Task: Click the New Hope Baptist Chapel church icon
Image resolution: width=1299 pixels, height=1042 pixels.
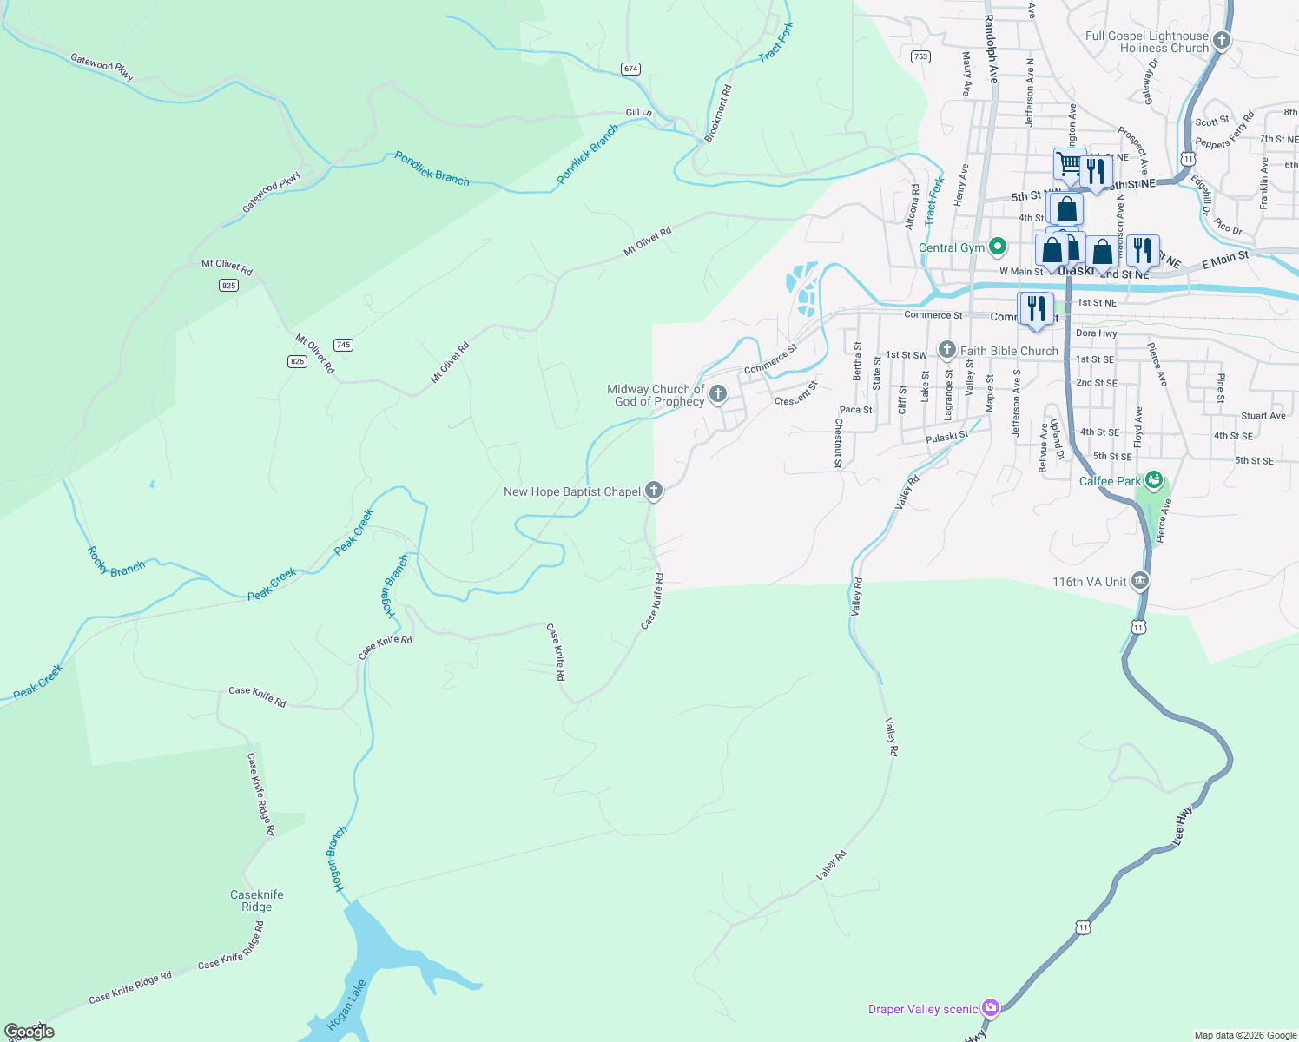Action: [x=654, y=491]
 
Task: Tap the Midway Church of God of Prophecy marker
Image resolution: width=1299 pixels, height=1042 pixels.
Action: [x=717, y=395]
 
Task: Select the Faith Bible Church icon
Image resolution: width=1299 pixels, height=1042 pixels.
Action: [x=946, y=351]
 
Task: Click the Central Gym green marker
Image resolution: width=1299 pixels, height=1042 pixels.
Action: [x=998, y=247]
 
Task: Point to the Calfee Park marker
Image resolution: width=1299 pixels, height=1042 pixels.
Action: [x=1153, y=480]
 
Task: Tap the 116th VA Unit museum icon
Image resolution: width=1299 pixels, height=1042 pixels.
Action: [x=1140, y=581]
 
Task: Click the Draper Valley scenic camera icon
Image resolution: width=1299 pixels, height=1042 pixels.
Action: [x=991, y=1008]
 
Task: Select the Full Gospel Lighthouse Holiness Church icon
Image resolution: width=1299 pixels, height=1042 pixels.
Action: [x=1221, y=41]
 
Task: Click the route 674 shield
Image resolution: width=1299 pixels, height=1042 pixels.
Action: [x=630, y=69]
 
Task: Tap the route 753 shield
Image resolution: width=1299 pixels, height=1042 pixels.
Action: [x=920, y=56]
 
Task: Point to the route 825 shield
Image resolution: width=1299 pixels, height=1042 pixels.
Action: [x=228, y=286]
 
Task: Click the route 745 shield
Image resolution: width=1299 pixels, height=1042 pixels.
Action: [x=343, y=345]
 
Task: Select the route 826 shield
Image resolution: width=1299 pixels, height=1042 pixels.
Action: [x=298, y=361]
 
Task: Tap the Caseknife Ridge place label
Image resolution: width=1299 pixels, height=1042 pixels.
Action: [x=257, y=900]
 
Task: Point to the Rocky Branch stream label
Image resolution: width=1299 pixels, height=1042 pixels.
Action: [x=115, y=561]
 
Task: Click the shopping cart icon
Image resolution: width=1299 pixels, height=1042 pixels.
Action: [x=1070, y=162]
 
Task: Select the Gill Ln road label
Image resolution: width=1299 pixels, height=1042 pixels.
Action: [x=638, y=113]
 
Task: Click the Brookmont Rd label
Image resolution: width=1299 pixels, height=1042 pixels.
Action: [x=717, y=114]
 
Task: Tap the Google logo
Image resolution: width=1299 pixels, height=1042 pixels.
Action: [x=30, y=1032]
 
